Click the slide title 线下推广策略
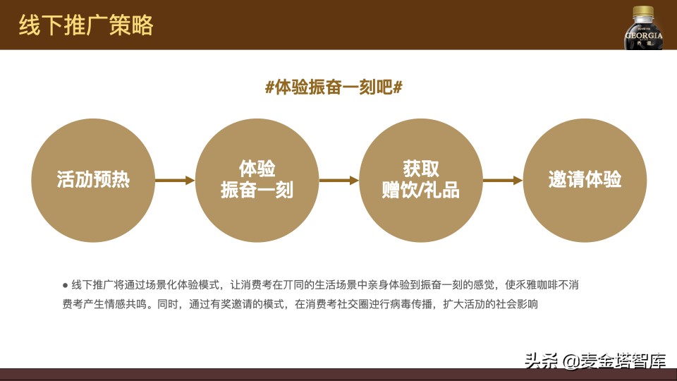point(85,25)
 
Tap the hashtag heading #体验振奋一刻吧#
point(334,87)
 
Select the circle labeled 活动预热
point(93,180)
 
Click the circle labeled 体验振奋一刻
point(257,180)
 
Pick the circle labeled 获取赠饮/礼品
point(420,180)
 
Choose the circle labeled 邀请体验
point(585,180)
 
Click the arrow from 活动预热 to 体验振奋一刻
point(174,181)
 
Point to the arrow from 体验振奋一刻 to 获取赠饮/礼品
point(338,181)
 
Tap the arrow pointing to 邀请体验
point(502,181)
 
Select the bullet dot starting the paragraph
point(65,285)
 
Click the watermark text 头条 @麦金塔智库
point(594,361)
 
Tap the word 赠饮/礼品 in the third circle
point(420,190)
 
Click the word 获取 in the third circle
point(420,169)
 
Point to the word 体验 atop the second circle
point(257,169)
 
